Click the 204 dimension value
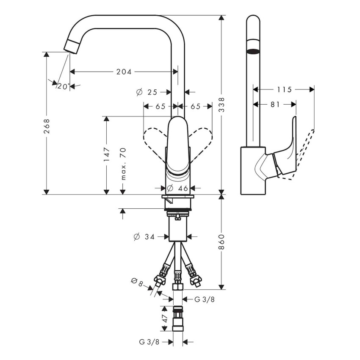coord(124,72)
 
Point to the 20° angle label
coord(63,86)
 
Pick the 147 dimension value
coord(106,155)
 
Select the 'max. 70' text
coord(123,164)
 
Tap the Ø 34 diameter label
coord(144,237)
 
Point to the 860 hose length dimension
coord(221,241)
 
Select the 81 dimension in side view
coord(275,104)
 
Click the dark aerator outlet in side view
coord(253,52)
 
